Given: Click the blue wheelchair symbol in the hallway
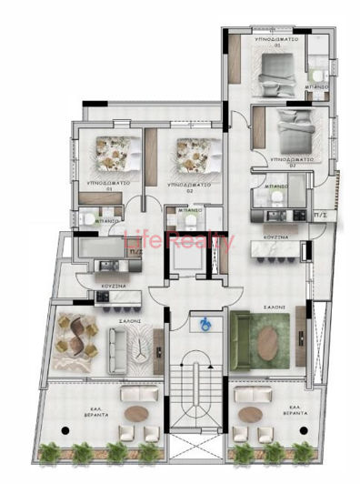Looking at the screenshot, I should [205, 321].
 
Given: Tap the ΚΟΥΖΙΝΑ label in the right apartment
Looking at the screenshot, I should [276, 237].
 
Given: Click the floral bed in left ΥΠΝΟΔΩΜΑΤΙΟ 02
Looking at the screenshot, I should [193, 155].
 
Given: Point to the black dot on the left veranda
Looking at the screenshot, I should [65, 427].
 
